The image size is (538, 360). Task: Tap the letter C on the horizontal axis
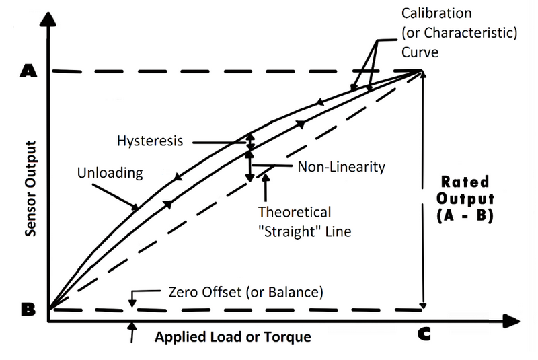click(424, 334)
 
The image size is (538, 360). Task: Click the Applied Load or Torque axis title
click(233, 336)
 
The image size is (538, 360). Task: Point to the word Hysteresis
click(147, 142)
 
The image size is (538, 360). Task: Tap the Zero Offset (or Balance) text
click(245, 293)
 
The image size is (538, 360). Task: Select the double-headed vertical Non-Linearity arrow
click(249, 166)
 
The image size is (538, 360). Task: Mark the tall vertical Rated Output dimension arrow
click(422, 188)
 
